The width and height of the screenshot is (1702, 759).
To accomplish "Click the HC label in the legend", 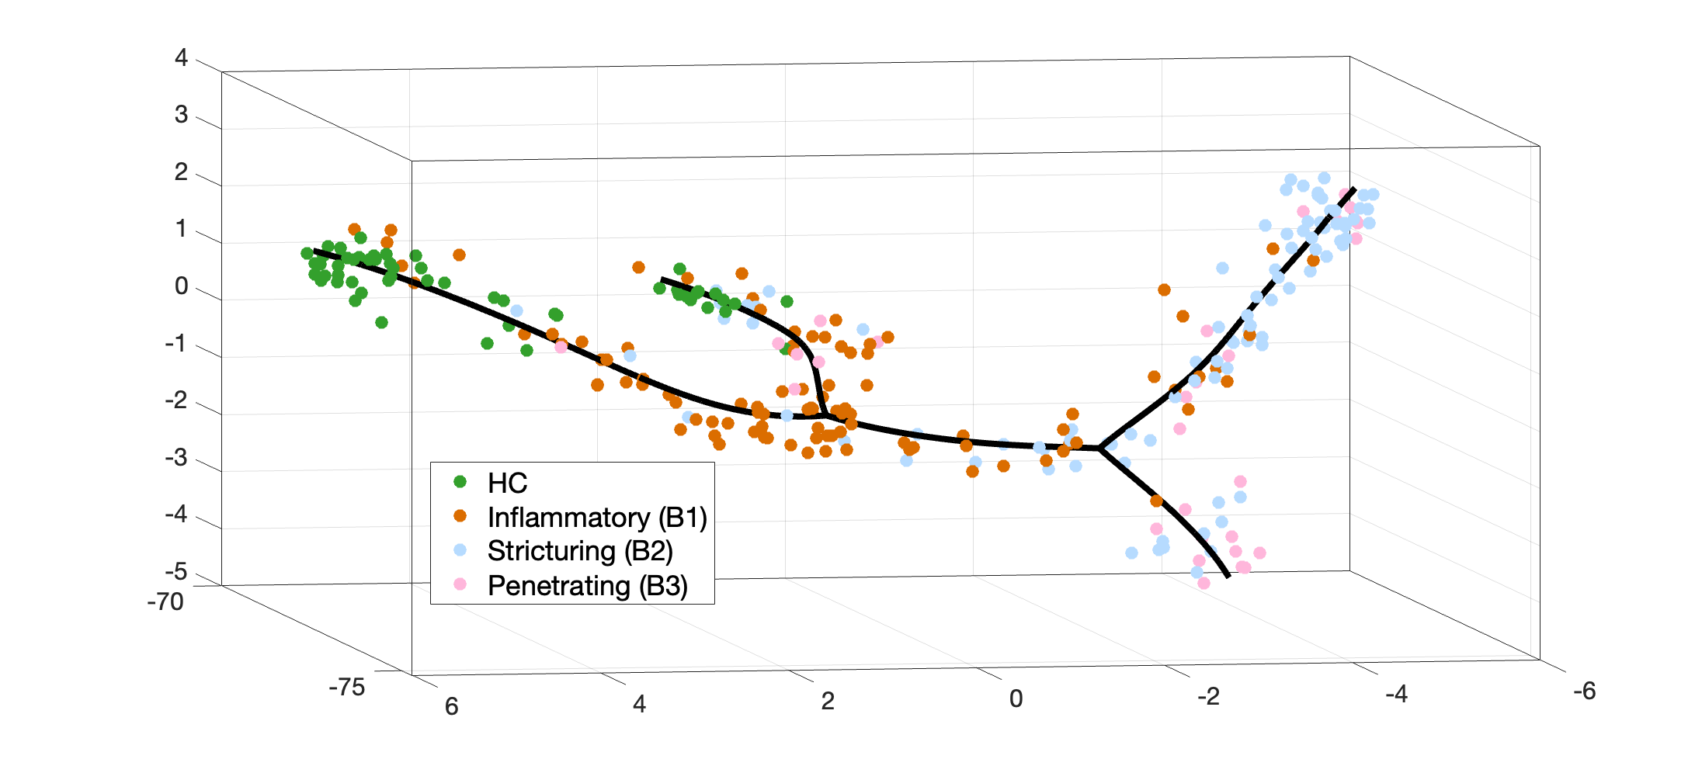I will coord(507,483).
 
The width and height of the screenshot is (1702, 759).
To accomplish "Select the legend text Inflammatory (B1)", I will coord(596,518).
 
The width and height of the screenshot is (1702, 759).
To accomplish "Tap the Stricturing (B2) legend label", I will coord(579,551).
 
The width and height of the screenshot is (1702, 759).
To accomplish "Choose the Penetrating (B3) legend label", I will coord(587,586).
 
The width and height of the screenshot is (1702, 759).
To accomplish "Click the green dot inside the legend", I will coord(460,482).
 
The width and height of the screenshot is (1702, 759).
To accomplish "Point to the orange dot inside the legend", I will coord(460,516).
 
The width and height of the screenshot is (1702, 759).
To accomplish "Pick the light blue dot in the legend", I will coord(460,550).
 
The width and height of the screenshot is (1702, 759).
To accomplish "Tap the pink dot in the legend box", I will coord(460,584).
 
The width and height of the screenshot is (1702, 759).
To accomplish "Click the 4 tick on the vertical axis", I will coord(181,57).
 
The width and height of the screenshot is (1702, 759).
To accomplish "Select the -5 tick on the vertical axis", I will coord(176,572).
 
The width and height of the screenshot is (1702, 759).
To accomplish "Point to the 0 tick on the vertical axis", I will coord(181,286).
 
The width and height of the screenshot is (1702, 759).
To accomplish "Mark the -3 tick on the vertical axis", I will coord(176,458).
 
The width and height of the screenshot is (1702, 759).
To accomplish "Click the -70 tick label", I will coord(165,602).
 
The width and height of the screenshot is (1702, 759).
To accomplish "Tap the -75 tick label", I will coord(346,688).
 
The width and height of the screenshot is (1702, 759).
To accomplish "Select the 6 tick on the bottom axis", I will coord(451,706).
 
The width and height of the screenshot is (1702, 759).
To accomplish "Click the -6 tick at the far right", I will coord(1584,691).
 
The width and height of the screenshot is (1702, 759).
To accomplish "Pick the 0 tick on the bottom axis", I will coord(1016,699).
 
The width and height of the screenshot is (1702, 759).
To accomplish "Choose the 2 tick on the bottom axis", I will coord(828,702).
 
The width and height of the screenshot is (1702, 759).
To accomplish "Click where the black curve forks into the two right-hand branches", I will coord(1101,449).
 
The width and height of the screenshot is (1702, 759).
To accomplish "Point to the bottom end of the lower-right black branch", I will coord(1228,577).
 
